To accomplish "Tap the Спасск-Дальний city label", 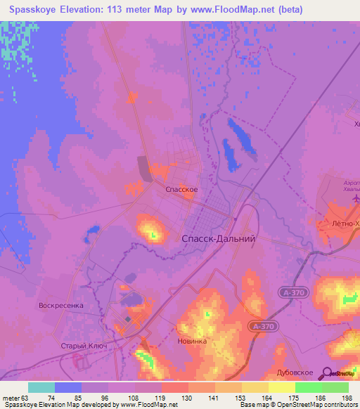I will tap(218, 239).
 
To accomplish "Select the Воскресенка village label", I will tap(61, 306).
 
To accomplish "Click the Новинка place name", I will tap(193, 341).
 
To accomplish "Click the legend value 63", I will tap(27, 397).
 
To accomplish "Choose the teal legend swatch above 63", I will tap(41, 387).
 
